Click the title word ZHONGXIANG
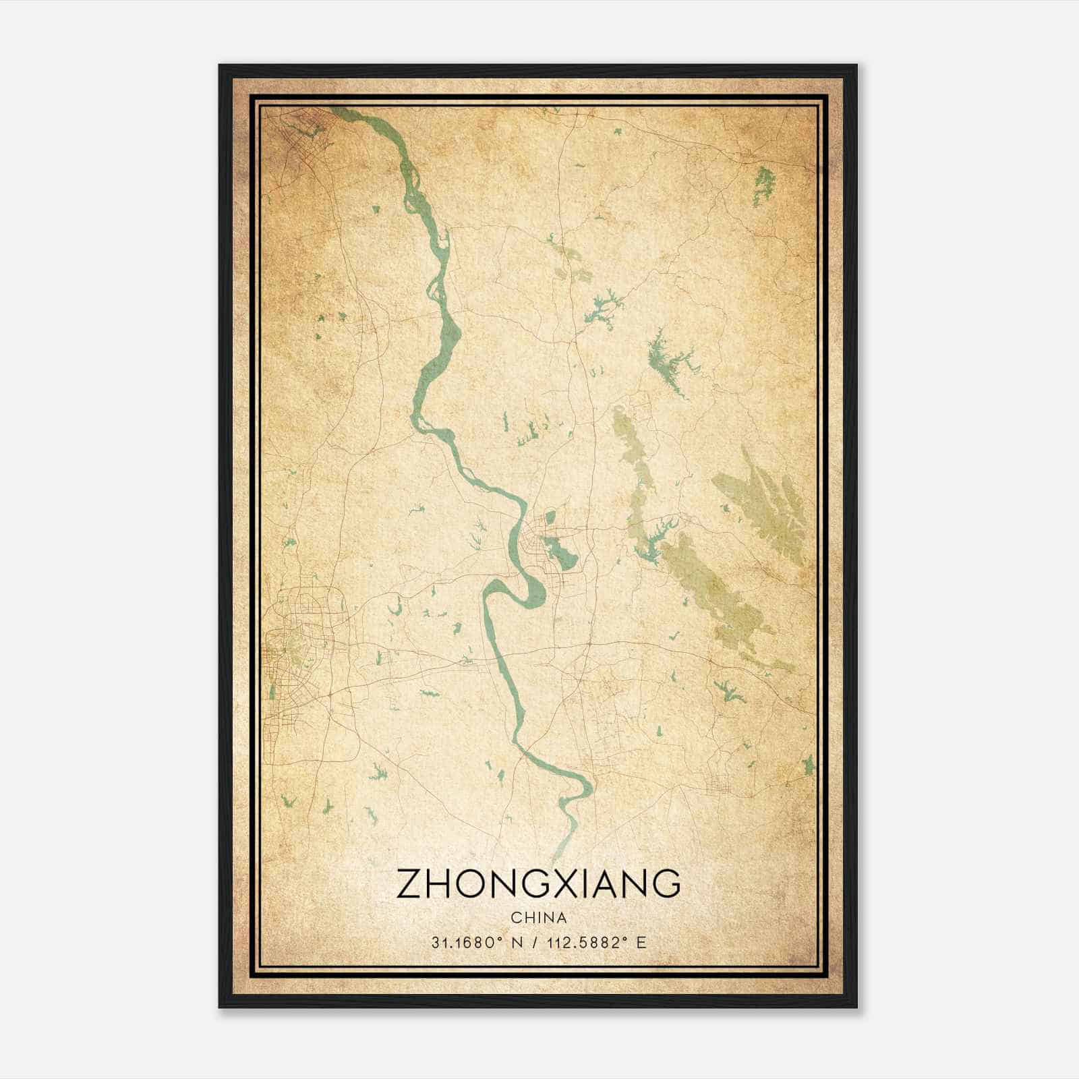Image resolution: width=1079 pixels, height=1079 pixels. (x=538, y=884)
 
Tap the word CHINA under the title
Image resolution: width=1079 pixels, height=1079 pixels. (x=539, y=918)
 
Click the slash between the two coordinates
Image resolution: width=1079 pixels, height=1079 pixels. (x=534, y=943)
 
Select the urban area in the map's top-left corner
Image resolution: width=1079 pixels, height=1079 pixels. (x=297, y=128)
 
